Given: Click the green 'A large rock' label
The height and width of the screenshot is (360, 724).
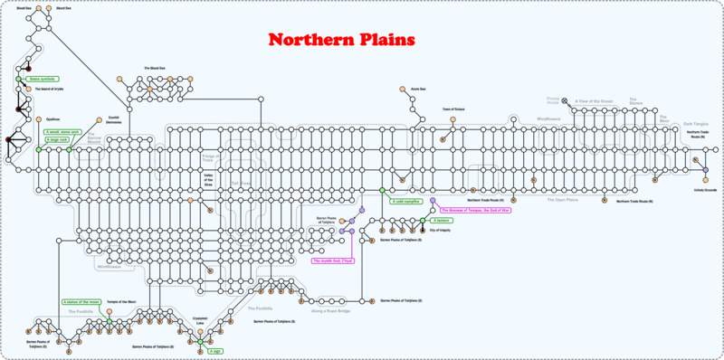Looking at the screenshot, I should [57, 140].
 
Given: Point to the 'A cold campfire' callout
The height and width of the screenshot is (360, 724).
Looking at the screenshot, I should [405, 202].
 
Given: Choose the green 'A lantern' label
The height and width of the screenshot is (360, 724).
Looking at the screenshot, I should [442, 220].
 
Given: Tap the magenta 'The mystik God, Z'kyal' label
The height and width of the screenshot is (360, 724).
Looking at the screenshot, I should [333, 261].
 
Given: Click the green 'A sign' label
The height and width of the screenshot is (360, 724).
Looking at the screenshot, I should [215, 350].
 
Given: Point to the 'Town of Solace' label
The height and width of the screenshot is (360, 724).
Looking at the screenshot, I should [452, 109].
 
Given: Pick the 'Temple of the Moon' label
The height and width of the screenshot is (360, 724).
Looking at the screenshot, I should [121, 301].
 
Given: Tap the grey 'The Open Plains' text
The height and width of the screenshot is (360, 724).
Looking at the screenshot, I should [561, 199].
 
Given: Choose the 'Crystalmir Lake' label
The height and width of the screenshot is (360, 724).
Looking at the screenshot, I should [200, 320].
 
